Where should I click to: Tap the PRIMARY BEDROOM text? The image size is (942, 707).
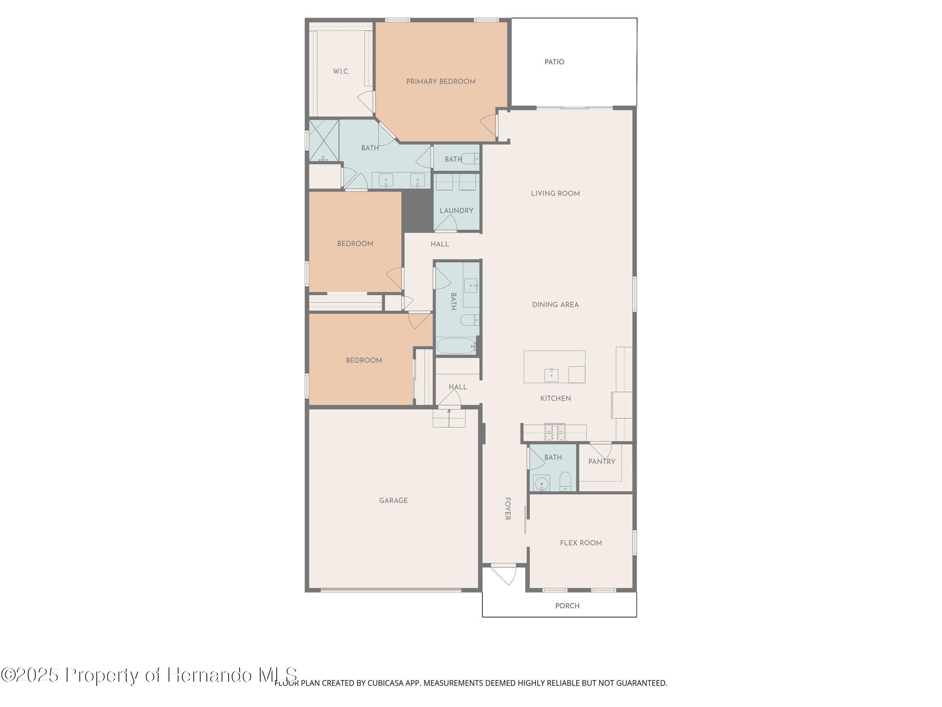[x=440, y=81]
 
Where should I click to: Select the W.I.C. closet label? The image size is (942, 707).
[x=341, y=71]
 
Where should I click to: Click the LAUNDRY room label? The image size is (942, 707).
[x=456, y=210]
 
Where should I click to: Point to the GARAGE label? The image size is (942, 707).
[x=393, y=500]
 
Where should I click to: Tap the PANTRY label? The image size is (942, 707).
[x=601, y=462]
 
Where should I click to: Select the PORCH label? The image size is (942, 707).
[x=567, y=606]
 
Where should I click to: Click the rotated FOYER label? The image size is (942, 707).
[x=507, y=508]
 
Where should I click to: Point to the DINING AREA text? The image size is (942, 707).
[x=555, y=304]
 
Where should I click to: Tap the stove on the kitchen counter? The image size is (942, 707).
[x=555, y=432]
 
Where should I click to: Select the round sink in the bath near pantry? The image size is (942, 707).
[x=541, y=484]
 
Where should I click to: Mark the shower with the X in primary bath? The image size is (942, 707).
[x=324, y=141]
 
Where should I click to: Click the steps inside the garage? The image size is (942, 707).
[x=449, y=418]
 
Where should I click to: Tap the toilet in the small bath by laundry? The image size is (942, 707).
[x=470, y=159]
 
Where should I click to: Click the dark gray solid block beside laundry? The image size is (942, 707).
[x=417, y=211]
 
